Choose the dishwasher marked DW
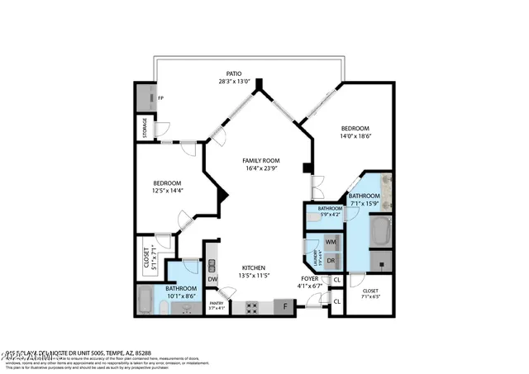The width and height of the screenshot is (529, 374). tap(212, 279)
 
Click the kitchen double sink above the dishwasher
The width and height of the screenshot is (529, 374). tap(212, 264)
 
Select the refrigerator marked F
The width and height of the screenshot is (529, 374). tap(284, 307)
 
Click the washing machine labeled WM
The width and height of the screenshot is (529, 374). tap(331, 242)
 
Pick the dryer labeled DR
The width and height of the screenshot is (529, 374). tap(331, 260)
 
